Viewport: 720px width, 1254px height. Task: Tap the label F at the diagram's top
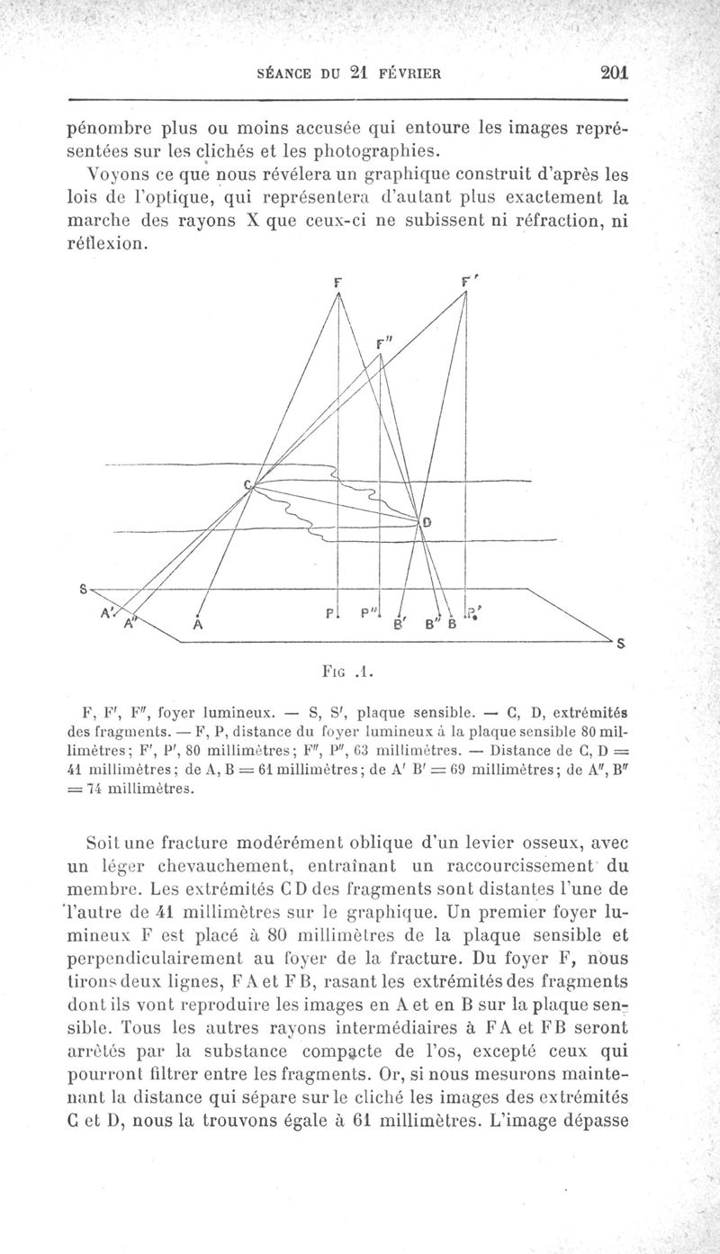click(337, 281)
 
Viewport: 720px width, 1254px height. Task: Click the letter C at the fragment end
click(248, 484)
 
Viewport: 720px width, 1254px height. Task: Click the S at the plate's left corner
click(83, 590)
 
